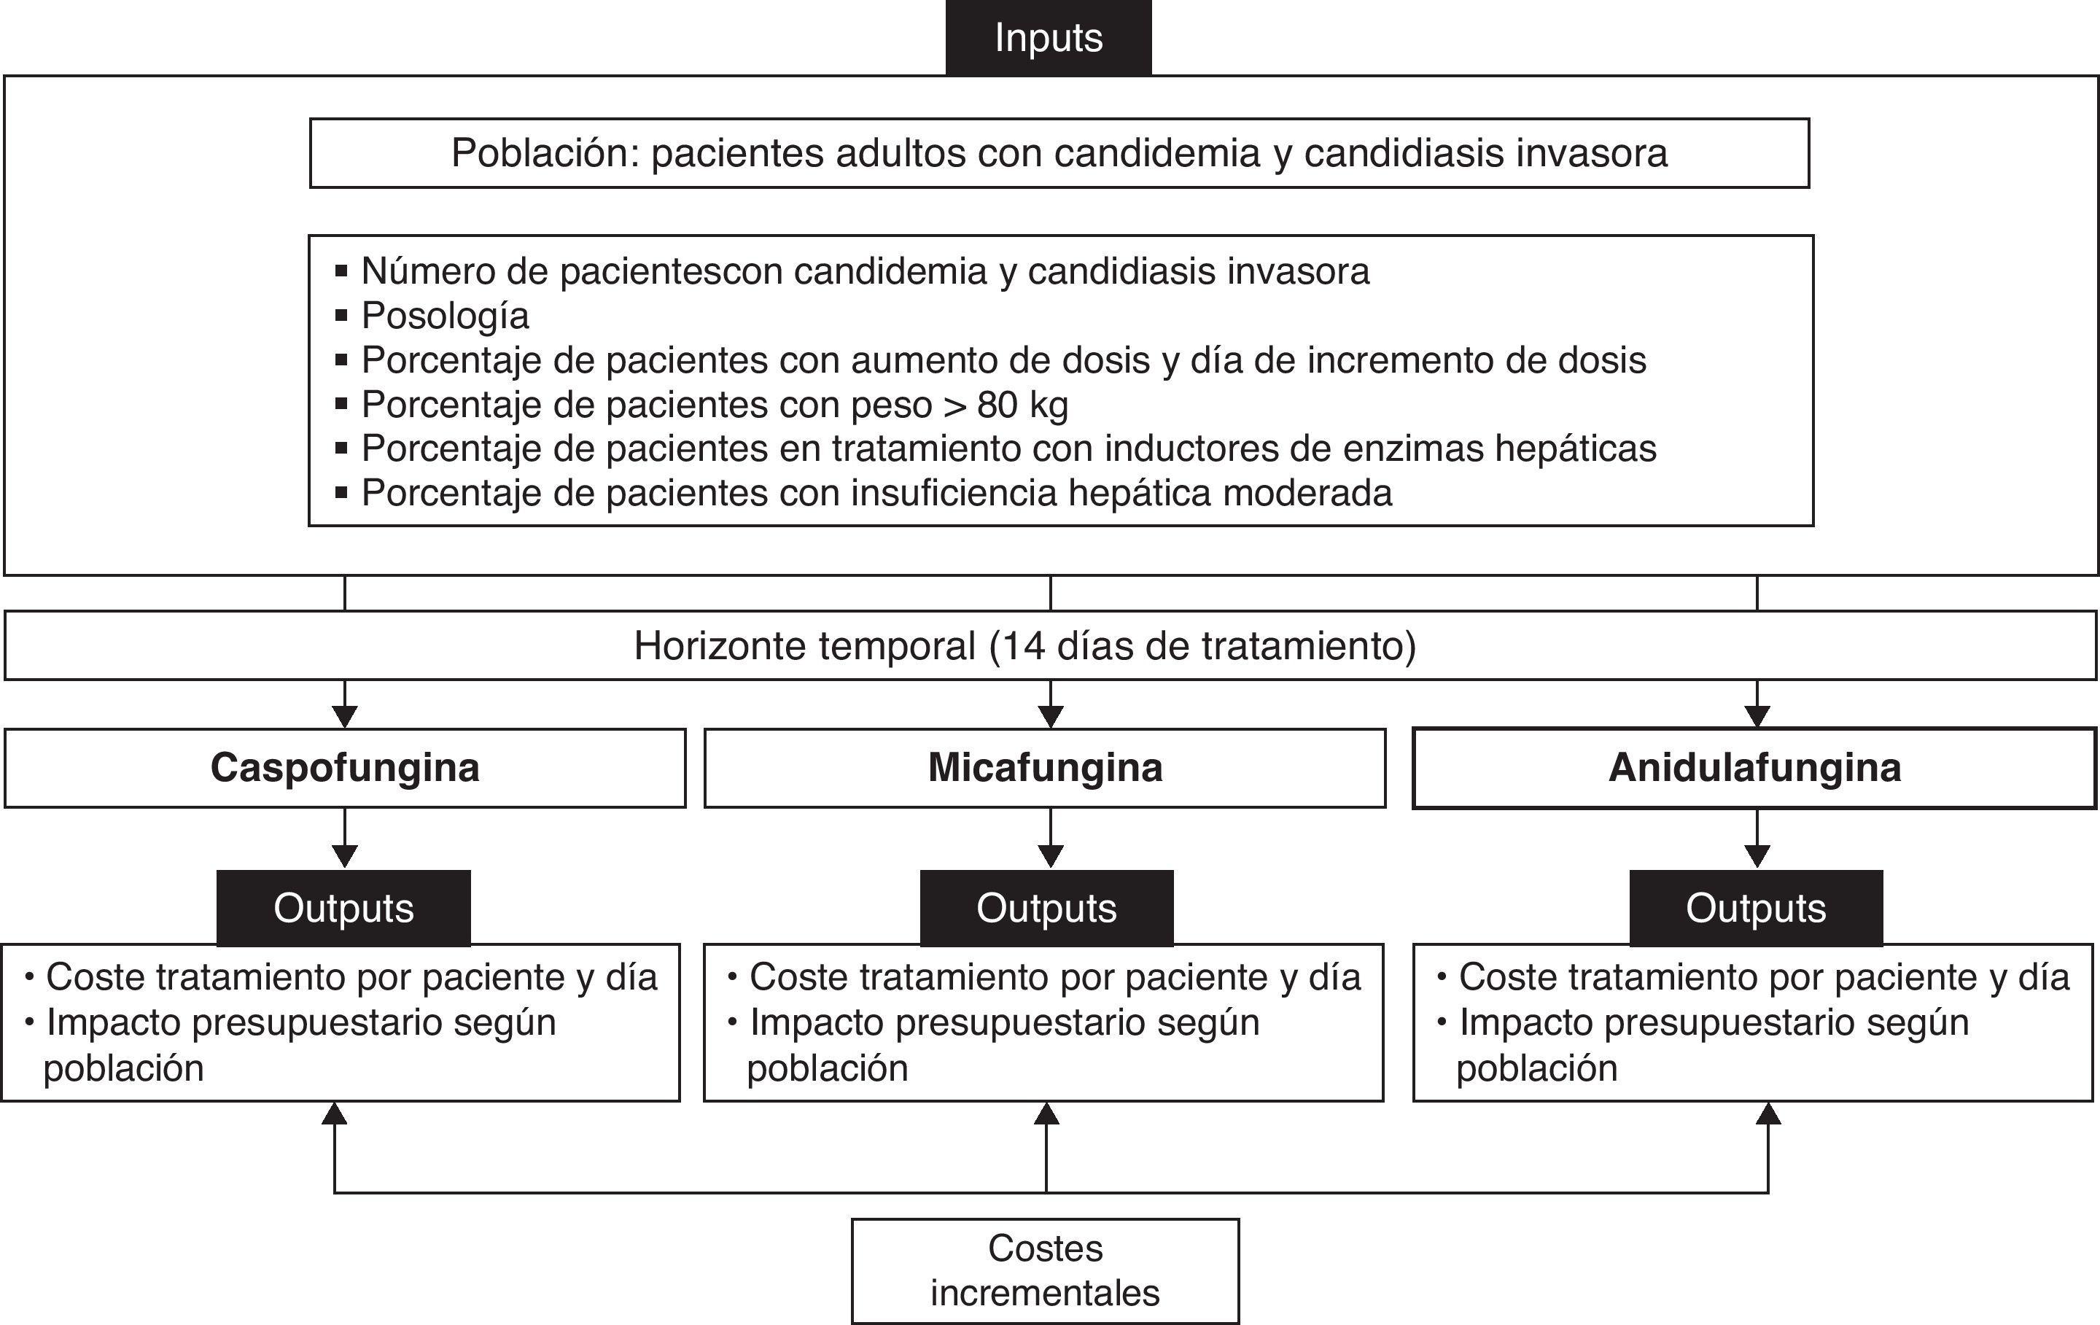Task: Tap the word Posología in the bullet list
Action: click(445, 316)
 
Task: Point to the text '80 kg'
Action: click(1022, 405)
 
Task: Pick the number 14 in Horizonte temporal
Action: click(1022, 646)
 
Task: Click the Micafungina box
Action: click(1045, 769)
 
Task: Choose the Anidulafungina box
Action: click(1754, 769)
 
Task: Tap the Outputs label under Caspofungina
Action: click(343, 908)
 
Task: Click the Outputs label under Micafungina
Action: click(1046, 908)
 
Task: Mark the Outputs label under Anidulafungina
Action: click(1756, 908)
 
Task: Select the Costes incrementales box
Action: click(1045, 1271)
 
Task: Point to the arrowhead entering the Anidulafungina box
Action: click(1757, 716)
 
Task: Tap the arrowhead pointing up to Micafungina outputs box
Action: click(1046, 1114)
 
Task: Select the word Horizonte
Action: click(717, 646)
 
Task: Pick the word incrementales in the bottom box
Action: click(1045, 1294)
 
